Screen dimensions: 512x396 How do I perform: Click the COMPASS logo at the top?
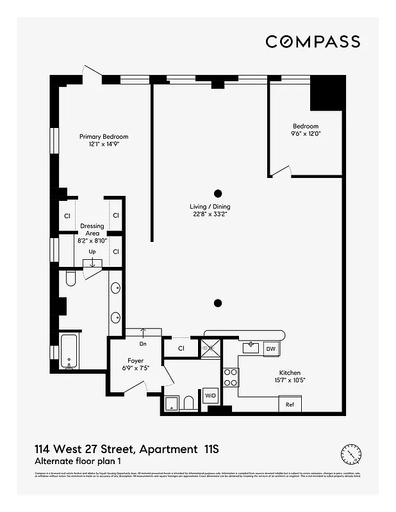[x=312, y=42]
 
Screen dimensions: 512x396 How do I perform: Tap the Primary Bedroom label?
[x=104, y=136]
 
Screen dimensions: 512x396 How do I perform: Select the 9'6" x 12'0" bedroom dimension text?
[x=306, y=134]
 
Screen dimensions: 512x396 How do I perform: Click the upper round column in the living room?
[x=218, y=193]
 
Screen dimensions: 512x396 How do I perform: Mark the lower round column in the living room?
[x=218, y=303]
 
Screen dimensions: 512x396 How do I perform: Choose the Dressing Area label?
[x=92, y=230]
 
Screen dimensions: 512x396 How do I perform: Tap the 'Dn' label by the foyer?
[x=142, y=343]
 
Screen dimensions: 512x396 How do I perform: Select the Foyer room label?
[x=135, y=361]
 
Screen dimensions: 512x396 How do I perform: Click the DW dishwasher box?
[x=270, y=349]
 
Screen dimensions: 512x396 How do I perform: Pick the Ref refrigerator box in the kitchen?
[x=290, y=404]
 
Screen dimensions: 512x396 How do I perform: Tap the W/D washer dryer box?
[x=210, y=396]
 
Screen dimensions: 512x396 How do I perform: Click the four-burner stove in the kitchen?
[x=230, y=378]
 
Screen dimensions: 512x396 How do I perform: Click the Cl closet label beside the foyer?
[x=181, y=349]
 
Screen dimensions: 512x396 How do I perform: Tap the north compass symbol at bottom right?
[x=351, y=454]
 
